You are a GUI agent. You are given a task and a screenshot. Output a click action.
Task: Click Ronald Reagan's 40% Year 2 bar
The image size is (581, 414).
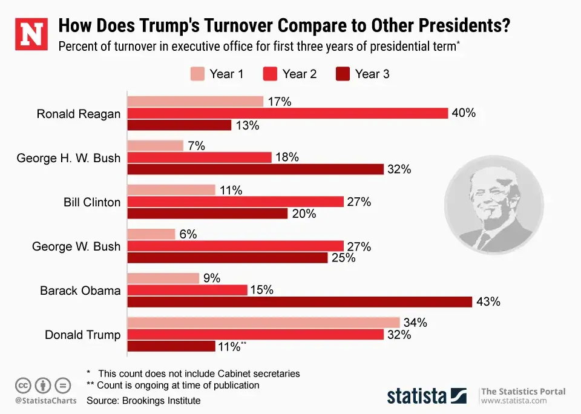[287, 113]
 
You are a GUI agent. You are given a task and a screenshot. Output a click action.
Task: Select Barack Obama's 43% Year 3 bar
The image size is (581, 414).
[300, 301]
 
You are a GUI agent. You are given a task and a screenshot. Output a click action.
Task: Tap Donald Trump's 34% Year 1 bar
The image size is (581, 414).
[263, 323]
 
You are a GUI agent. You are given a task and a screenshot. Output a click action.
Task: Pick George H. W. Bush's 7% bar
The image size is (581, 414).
[155, 146]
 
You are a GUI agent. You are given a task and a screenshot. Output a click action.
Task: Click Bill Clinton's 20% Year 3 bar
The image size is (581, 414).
[207, 214]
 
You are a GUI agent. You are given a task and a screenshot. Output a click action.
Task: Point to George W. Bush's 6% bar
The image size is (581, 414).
[151, 234]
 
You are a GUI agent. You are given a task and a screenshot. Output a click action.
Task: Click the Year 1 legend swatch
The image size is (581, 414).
[197, 74]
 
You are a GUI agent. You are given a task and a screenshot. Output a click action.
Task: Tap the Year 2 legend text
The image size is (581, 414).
[300, 74]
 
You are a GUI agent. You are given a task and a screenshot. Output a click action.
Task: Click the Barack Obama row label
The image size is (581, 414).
[80, 291]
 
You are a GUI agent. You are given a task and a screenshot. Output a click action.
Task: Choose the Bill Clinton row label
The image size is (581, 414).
[92, 202]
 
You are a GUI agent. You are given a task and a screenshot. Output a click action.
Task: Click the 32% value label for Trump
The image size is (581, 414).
[399, 335]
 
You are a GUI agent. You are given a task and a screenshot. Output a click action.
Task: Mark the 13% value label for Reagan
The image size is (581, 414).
[247, 125]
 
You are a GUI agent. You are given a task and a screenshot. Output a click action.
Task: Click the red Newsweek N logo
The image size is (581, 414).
[31, 34]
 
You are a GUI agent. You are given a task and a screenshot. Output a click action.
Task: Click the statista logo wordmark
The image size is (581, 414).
[418, 396]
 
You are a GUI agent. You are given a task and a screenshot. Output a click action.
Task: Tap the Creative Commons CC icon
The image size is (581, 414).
[23, 385]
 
